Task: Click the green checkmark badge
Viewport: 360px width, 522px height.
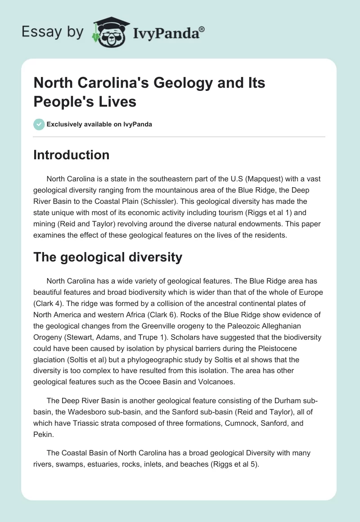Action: (39, 124)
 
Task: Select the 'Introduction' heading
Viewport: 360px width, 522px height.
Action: (71, 155)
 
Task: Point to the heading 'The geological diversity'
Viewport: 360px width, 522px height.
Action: (108, 257)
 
